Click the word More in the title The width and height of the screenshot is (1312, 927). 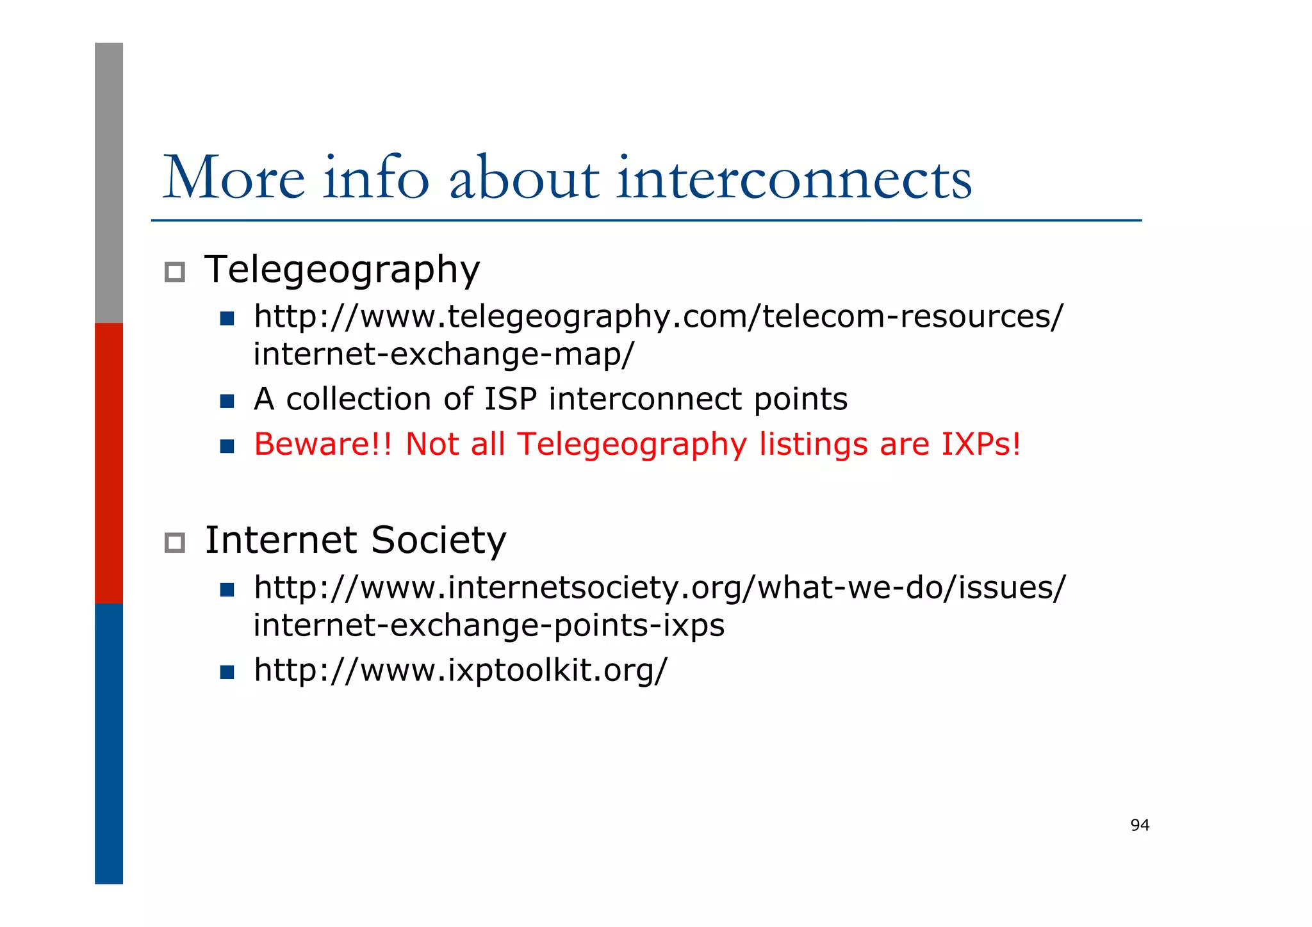(234, 177)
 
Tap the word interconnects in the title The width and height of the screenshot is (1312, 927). (794, 177)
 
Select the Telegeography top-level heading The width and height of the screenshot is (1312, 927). (341, 270)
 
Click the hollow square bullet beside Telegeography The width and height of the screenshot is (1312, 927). (175, 272)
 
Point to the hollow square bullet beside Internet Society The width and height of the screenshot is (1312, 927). (175, 543)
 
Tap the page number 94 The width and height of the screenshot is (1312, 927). (1140, 825)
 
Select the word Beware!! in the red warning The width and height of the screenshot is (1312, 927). (322, 444)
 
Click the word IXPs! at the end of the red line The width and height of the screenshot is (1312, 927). (980, 444)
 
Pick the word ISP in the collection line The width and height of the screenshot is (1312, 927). (510, 399)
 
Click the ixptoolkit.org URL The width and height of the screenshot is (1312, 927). (460, 670)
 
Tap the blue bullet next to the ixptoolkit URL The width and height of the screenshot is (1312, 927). (227, 672)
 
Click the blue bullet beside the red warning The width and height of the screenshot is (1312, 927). (227, 446)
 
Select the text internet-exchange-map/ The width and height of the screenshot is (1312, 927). (443, 354)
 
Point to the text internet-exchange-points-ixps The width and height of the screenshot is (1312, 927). (489, 625)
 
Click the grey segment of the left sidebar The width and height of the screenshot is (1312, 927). (109, 183)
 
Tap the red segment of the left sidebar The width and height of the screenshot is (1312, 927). (109, 463)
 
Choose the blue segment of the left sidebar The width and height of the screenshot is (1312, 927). (109, 743)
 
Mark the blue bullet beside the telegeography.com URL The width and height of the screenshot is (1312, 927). (227, 318)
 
